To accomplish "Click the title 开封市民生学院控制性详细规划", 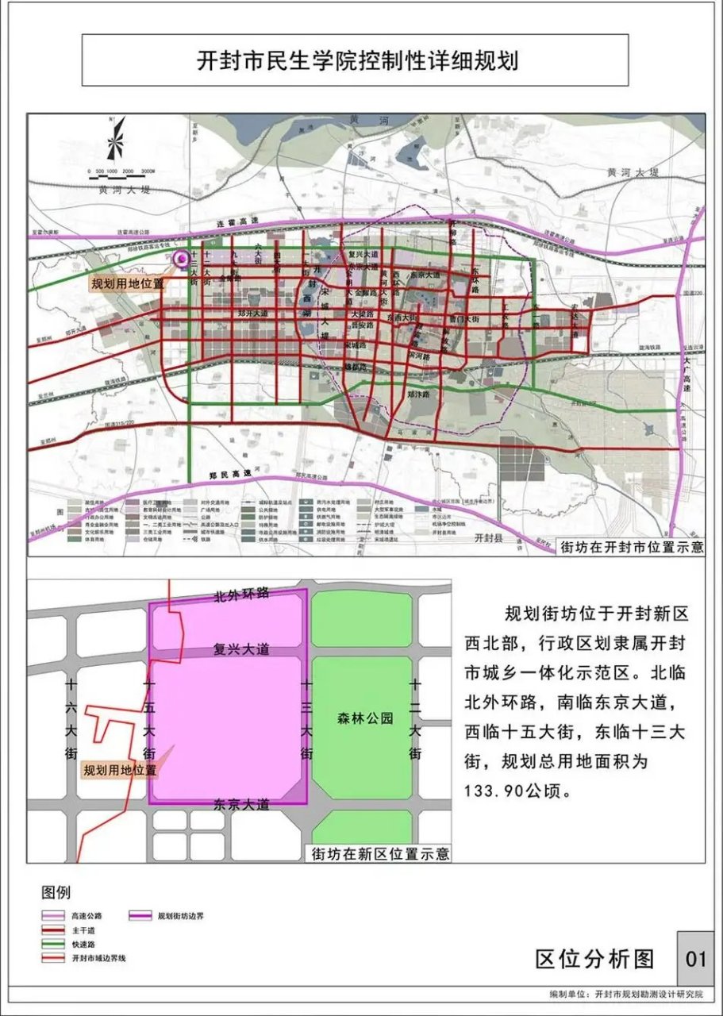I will coord(357,61).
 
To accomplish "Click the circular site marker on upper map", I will coord(183,259).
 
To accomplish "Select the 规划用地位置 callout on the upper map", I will coord(127,283).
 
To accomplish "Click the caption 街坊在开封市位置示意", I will coord(631,548).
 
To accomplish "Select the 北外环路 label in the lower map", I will coord(242,595).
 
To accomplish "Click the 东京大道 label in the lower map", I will coord(242,804).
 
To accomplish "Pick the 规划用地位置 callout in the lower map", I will coord(120,769).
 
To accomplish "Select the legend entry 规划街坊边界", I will coord(181,915).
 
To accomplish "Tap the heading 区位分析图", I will coord(595,959).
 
